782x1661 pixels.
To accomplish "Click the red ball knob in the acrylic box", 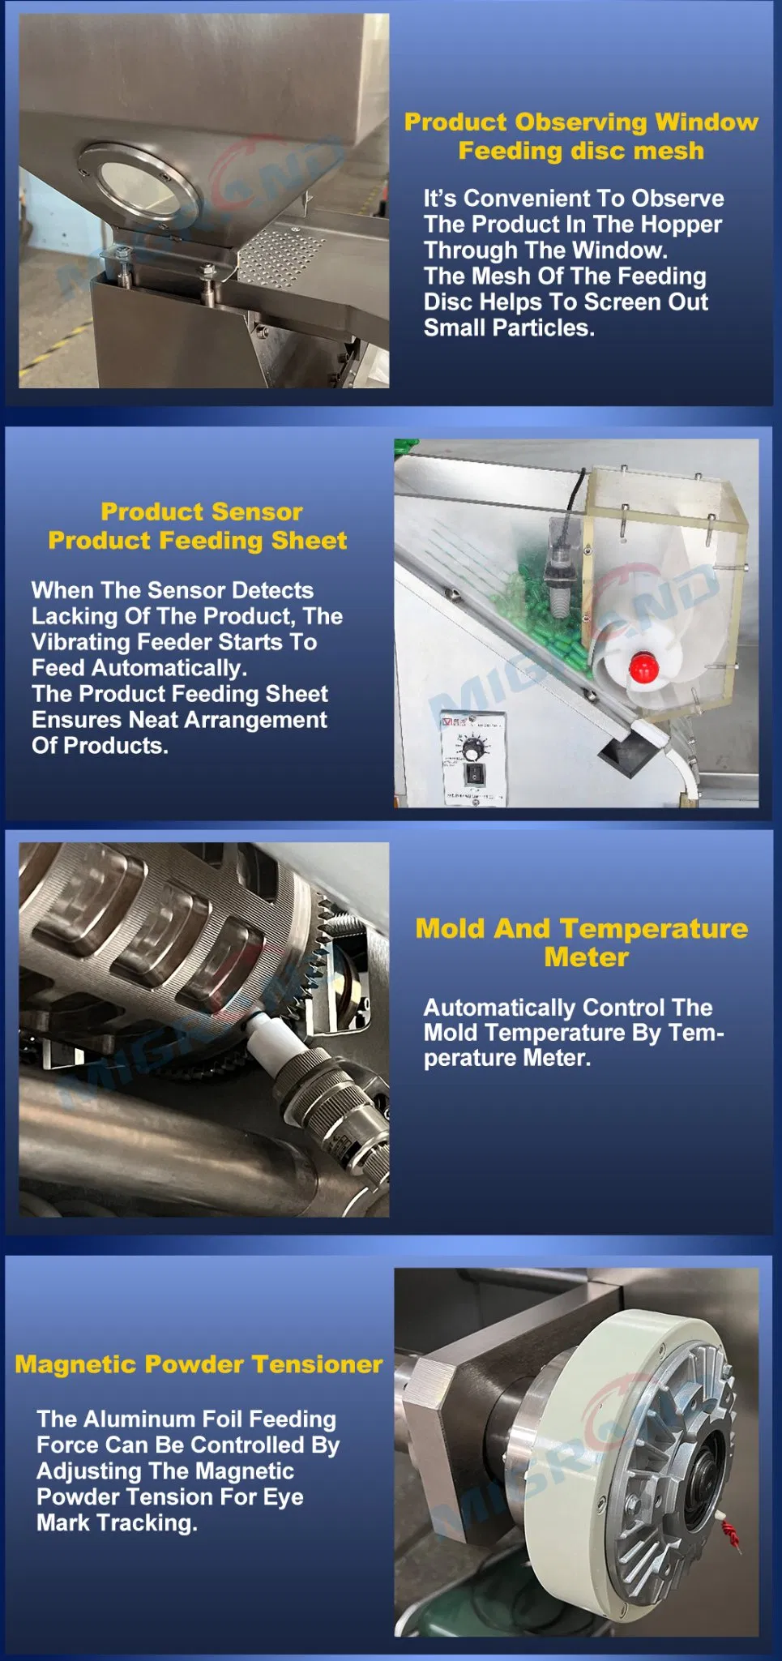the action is (642, 666).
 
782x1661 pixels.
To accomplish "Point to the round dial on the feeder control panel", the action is (471, 743).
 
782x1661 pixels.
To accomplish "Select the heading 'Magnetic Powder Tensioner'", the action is (199, 1363).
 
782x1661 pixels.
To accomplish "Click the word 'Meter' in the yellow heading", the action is (586, 957).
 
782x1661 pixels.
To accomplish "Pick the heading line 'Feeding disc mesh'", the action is (581, 151).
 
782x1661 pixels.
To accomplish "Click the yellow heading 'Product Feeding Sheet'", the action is (198, 540).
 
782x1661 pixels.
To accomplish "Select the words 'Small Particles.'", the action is (509, 327).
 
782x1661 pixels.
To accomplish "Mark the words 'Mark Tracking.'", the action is (117, 1522).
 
